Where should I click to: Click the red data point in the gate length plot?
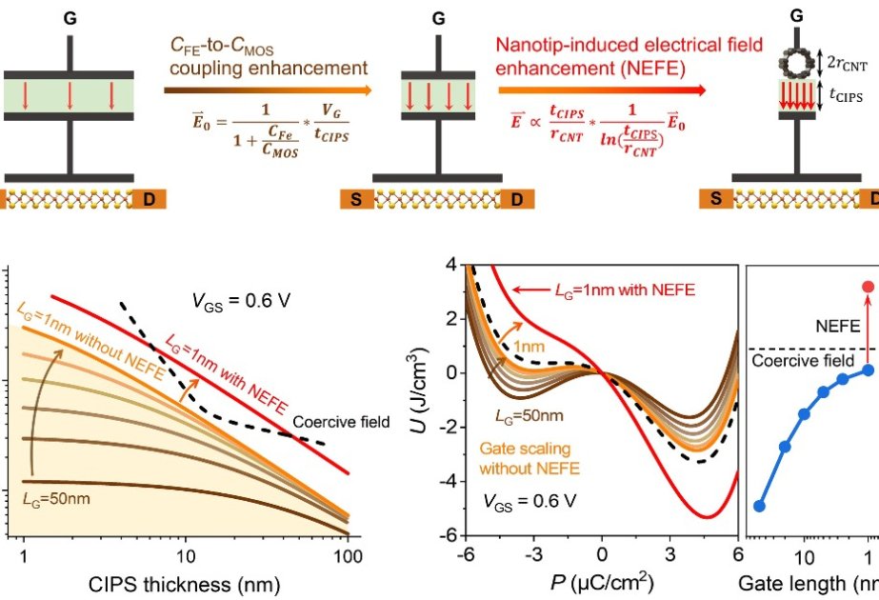pos(868,287)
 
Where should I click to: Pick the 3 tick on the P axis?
pos(669,553)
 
